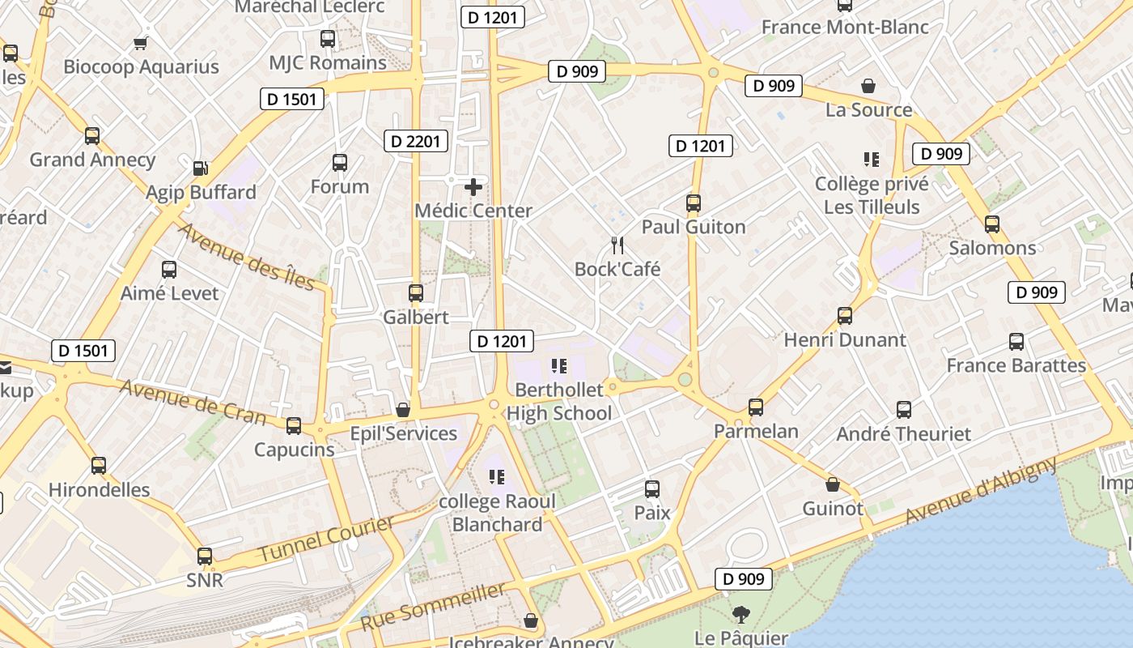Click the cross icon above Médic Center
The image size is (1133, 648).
tap(473, 187)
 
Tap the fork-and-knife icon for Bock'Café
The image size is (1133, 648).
tap(617, 245)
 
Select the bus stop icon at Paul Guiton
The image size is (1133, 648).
tap(694, 203)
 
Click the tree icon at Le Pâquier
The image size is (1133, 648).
tap(740, 615)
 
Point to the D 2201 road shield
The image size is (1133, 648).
tap(416, 141)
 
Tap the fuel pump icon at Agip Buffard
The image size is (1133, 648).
tap(200, 168)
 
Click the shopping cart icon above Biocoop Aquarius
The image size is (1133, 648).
tap(141, 43)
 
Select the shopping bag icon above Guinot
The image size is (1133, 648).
tap(833, 485)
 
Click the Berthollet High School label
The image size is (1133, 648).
tap(559, 402)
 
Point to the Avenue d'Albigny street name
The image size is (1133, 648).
tap(981, 490)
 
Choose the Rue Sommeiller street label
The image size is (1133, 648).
tap(433, 607)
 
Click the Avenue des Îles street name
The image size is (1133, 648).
tap(245, 256)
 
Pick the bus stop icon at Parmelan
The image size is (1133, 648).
tap(756, 407)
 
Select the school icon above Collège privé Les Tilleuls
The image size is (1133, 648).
tap(872, 160)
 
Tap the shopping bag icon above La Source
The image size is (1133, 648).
tap(868, 86)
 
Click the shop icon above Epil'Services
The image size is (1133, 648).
tap(403, 410)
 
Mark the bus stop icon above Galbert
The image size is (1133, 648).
tap(416, 292)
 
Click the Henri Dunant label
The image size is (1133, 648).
tap(845, 339)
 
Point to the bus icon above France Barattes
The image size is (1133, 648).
tap(1016, 342)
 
